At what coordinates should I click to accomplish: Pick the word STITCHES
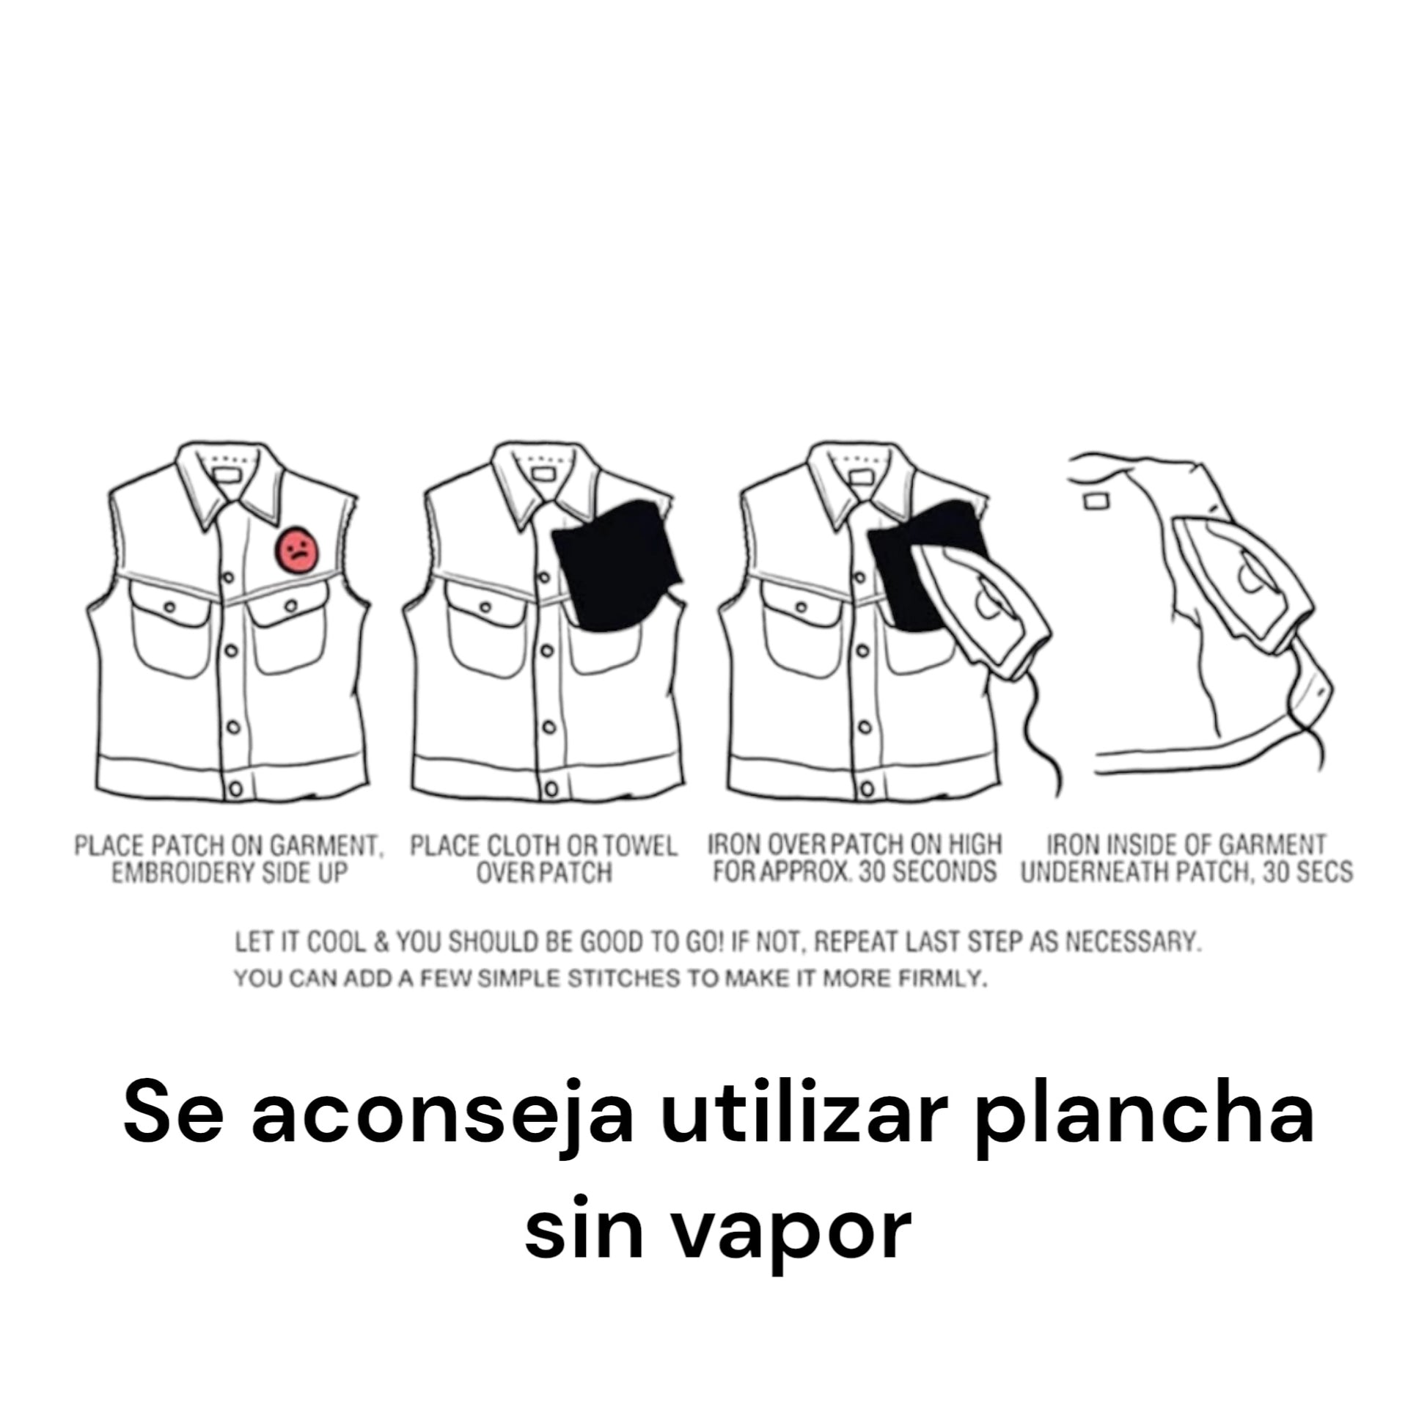[x=624, y=980]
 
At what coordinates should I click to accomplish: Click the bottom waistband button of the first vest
[x=235, y=789]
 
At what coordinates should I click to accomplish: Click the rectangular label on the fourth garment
[x=1096, y=502]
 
